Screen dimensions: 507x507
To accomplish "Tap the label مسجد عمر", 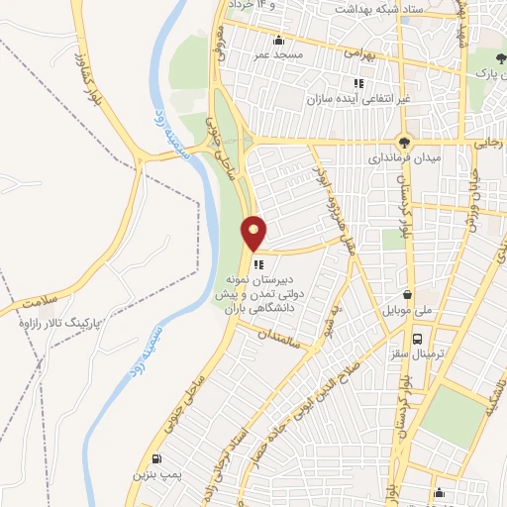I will point(280,55).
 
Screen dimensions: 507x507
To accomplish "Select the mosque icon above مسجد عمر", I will point(280,41).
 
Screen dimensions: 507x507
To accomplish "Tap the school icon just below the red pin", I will point(259,263).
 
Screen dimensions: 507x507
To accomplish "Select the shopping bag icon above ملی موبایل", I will point(408,293).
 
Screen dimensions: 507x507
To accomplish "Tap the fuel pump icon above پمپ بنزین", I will point(156,458).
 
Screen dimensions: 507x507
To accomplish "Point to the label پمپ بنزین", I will point(154,475).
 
